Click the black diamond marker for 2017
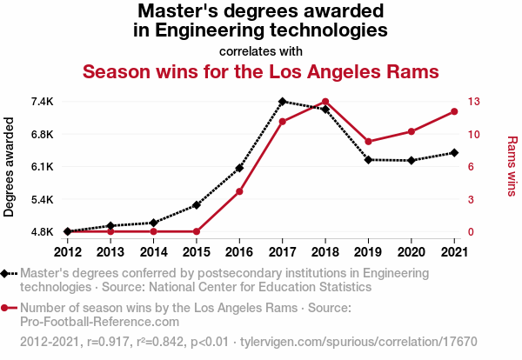click(283, 102)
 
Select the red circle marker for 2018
click(325, 102)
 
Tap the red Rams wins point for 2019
click(368, 142)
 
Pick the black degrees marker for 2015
click(197, 205)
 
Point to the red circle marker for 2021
click(454, 111)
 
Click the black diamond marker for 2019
click(368, 160)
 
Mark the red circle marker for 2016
click(239, 191)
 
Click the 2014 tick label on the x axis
click(153, 252)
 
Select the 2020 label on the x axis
click(411, 252)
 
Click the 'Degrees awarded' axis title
click(10, 167)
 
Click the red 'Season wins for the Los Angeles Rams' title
click(260, 70)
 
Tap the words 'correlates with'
click(260, 50)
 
